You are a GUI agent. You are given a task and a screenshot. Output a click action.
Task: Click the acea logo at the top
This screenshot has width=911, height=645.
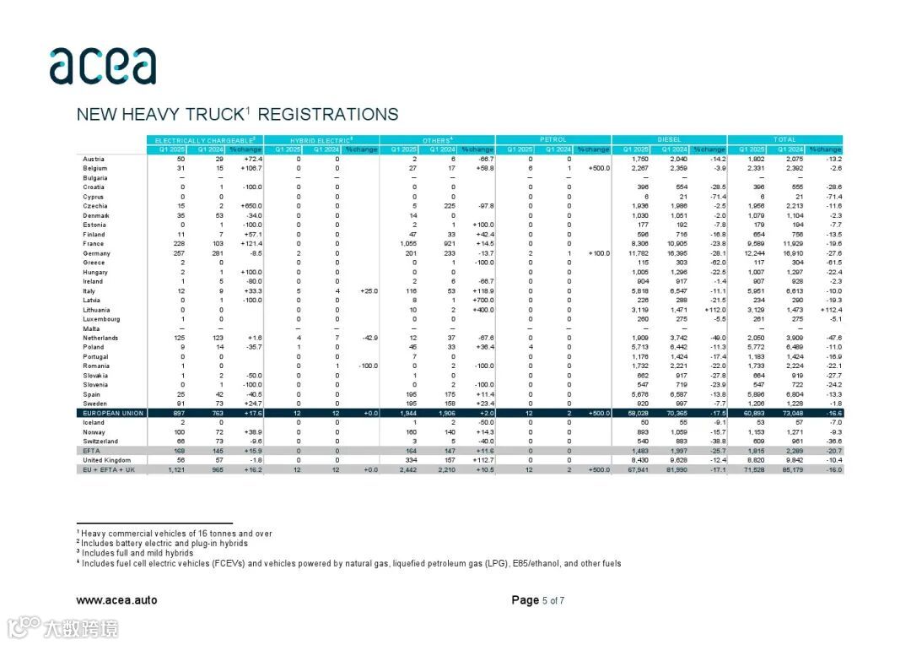click(102, 67)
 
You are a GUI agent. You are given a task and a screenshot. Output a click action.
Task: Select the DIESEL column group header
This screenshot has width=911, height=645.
click(669, 139)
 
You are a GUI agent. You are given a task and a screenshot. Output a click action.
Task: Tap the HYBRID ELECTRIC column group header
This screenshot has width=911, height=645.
click(321, 139)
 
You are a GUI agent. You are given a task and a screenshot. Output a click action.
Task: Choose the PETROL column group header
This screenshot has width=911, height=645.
click(553, 139)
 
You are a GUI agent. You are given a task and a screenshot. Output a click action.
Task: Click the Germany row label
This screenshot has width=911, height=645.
click(97, 253)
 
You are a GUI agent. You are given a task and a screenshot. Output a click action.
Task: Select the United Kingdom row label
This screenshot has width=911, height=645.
click(106, 459)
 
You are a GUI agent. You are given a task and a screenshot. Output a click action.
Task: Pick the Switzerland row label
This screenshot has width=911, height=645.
click(100, 441)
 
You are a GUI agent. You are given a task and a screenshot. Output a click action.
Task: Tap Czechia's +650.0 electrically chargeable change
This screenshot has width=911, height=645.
click(250, 206)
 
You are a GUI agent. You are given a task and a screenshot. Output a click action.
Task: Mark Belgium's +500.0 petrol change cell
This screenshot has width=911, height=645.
click(598, 168)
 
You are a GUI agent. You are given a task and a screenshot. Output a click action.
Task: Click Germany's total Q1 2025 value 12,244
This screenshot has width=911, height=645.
click(753, 253)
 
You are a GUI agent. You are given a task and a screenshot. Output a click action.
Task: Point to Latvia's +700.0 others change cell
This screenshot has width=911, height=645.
click(482, 301)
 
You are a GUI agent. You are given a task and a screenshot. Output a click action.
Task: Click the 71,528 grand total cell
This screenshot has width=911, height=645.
click(753, 469)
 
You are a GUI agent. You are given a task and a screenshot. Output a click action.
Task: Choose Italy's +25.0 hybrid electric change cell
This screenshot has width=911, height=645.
click(368, 291)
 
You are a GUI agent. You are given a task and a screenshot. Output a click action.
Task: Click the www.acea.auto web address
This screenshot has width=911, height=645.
click(116, 600)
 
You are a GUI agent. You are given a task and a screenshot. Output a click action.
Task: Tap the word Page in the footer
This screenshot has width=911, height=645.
click(525, 600)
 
